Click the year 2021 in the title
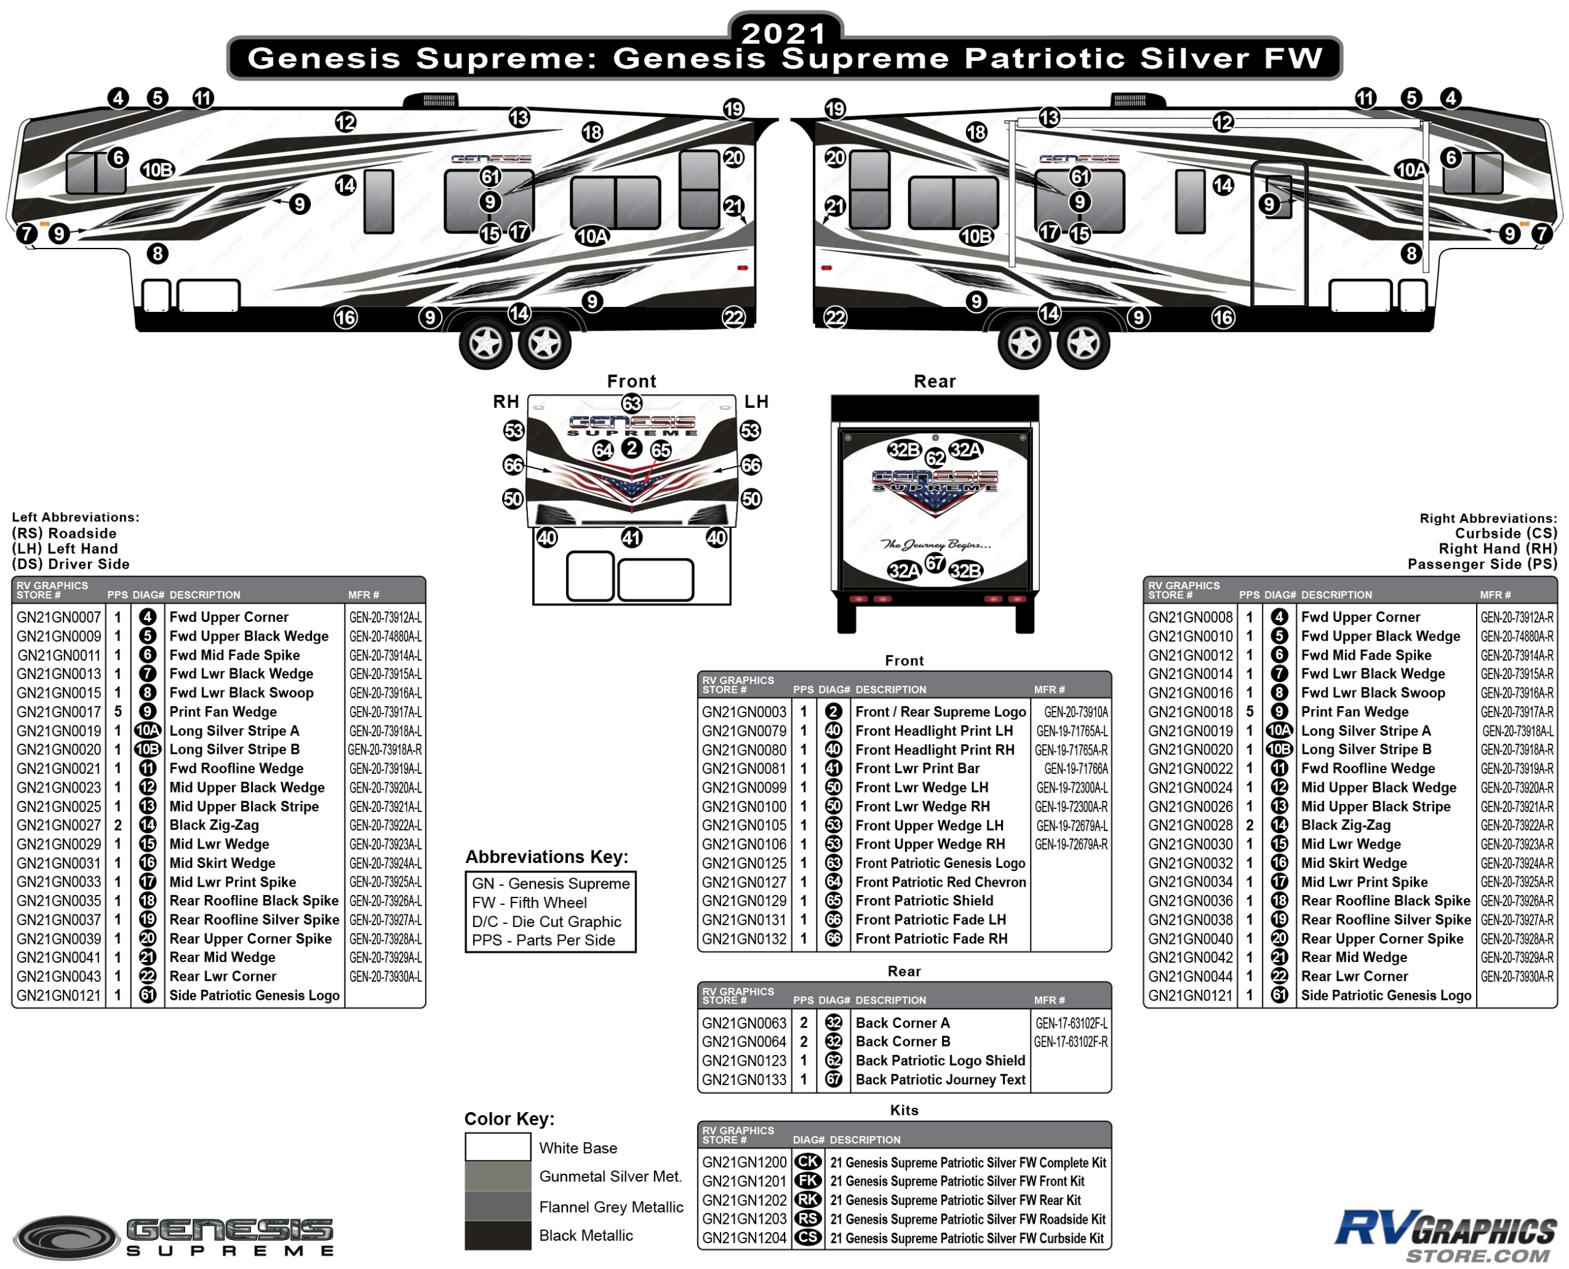pyautogui.click(x=783, y=33)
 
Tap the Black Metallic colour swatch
pyautogui.click(x=497, y=1235)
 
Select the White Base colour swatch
pyautogui.click(x=497, y=1147)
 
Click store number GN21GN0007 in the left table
pyautogui.click(x=58, y=617)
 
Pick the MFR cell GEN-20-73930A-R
pyautogui.click(x=1516, y=976)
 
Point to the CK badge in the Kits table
pyautogui.click(x=808, y=1162)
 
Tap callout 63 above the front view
pyautogui.click(x=631, y=403)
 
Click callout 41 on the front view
pyautogui.click(x=631, y=538)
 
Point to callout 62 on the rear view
pyautogui.click(x=934, y=458)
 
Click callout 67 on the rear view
pyautogui.click(x=934, y=563)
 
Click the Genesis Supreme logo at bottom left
pyautogui.click(x=175, y=1238)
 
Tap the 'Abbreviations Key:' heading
pyautogui.click(x=547, y=857)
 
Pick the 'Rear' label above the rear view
pyautogui.click(x=934, y=382)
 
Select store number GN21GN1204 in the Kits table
pyautogui.click(x=744, y=1238)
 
